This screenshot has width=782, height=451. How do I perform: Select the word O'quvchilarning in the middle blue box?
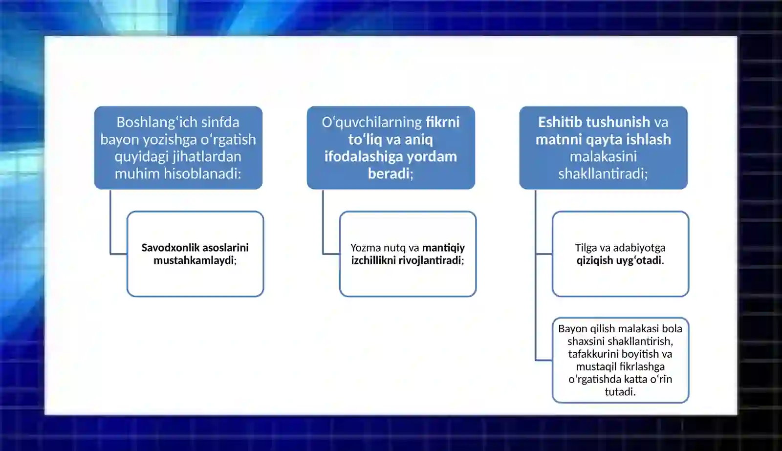(x=371, y=122)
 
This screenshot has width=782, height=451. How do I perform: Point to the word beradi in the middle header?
(x=389, y=173)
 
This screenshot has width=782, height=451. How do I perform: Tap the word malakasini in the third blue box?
(x=603, y=156)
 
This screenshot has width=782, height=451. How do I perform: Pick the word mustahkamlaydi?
(x=194, y=260)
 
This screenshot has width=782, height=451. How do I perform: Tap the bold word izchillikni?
(x=373, y=260)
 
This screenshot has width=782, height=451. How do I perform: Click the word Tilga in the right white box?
(x=586, y=248)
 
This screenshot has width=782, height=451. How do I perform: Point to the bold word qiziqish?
(x=594, y=260)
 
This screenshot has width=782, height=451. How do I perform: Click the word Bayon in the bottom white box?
(x=572, y=329)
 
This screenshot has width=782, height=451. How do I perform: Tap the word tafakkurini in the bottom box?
(x=593, y=354)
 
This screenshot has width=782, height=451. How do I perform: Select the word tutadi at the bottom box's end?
(x=619, y=392)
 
